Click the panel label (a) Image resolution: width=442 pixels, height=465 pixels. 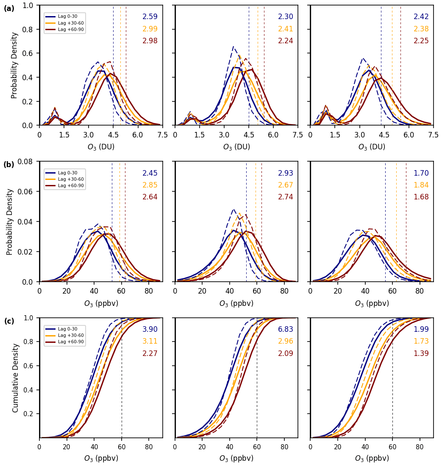pyautogui.click(x=9, y=8)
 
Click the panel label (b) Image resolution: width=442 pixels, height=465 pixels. pyautogui.click(x=9, y=165)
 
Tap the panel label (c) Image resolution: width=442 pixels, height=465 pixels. pyautogui.click(x=9, y=321)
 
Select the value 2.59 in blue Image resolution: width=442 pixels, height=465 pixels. pyautogui.click(x=150, y=17)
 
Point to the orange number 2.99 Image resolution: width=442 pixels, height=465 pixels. pyautogui.click(x=150, y=29)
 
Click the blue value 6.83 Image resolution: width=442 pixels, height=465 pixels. pyautogui.click(x=285, y=329)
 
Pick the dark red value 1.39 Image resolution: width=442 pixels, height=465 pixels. pyautogui.click(x=421, y=353)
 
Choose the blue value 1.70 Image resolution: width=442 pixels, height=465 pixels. pyautogui.click(x=421, y=173)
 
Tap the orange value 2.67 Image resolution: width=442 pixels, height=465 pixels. pyautogui.click(x=285, y=185)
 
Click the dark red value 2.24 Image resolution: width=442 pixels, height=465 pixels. pyautogui.click(x=285, y=41)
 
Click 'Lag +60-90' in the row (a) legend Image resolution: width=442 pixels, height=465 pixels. pyautogui.click(x=71, y=29)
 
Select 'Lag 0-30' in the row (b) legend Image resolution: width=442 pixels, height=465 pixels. pyautogui.click(x=67, y=173)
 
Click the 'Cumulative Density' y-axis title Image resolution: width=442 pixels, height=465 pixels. pyautogui.click(x=16, y=378)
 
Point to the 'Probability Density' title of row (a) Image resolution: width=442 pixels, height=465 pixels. pyautogui.click(x=14, y=65)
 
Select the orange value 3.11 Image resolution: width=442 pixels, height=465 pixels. pyautogui.click(x=150, y=341)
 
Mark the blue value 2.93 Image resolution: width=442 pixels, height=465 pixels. pyautogui.click(x=285, y=173)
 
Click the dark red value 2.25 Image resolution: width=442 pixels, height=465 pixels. pyautogui.click(x=421, y=41)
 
